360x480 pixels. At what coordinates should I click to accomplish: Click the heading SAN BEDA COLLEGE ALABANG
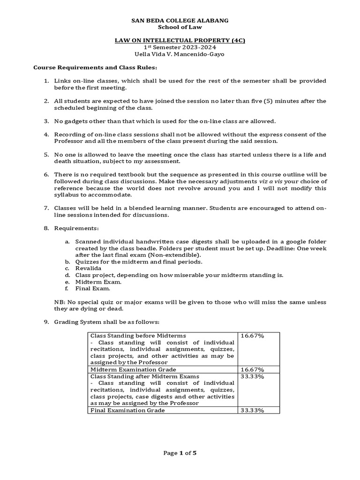180,21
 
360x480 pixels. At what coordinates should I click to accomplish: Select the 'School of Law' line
180,27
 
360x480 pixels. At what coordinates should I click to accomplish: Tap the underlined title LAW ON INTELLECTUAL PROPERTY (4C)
180,41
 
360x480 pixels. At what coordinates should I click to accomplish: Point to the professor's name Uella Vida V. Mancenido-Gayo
180,54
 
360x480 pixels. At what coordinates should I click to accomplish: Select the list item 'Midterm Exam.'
92,282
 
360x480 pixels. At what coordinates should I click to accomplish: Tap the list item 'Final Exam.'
88,289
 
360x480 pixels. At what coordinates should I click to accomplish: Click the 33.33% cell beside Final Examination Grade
253,410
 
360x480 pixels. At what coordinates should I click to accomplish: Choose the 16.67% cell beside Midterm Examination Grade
253,369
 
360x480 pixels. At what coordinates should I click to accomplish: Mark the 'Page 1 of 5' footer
180,453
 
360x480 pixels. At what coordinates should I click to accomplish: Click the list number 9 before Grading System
46,322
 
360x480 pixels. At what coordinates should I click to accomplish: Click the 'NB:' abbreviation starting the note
60,302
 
